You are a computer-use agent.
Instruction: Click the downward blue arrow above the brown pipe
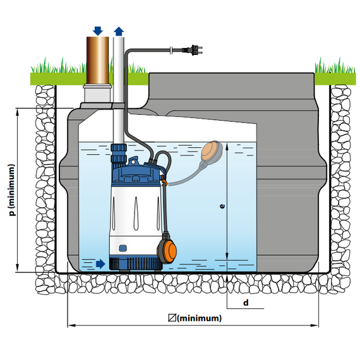coord(98,31)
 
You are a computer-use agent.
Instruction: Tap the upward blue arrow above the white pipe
coord(119,31)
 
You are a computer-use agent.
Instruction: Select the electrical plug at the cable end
coord(193,50)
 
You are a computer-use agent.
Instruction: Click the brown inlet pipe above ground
coord(97,61)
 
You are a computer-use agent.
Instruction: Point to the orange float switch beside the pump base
coord(167,248)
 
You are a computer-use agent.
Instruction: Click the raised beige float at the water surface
coord(212,150)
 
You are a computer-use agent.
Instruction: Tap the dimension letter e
coord(222,206)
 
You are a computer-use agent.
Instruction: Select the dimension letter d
coord(246,303)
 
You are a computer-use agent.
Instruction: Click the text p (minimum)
coord(12,190)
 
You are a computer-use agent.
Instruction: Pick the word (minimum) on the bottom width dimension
coord(200,318)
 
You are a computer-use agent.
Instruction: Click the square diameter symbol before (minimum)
coord(172,318)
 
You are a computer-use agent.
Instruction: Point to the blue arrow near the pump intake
coord(100,264)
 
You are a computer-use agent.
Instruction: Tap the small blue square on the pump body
coord(123,248)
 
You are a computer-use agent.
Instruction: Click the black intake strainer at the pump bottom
coord(136,263)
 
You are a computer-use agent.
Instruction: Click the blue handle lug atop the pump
coord(133,160)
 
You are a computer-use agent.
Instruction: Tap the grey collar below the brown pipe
coord(97,93)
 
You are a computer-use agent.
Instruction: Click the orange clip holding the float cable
coord(164,180)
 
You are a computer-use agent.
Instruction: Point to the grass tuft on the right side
coord(335,66)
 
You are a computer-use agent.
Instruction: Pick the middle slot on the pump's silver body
coord(136,213)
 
